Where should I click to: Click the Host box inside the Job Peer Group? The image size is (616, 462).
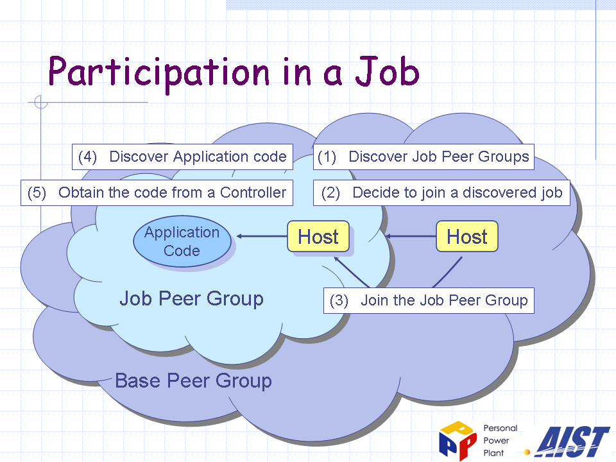[x=318, y=236]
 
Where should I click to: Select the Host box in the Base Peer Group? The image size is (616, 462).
[x=467, y=236]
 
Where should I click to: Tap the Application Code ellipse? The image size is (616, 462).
[x=182, y=241]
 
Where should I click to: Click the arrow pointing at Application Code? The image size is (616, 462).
[x=262, y=236]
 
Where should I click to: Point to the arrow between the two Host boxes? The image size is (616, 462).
[x=411, y=236]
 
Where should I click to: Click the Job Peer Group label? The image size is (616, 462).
[x=191, y=298]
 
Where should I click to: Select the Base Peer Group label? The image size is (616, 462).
[x=193, y=381]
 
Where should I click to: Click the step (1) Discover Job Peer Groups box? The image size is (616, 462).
[x=424, y=157]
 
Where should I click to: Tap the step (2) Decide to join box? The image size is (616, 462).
[x=441, y=193]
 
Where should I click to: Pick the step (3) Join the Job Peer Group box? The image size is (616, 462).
[x=429, y=300]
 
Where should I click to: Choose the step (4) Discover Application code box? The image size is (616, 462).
[x=182, y=157]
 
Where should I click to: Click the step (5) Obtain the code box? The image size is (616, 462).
[x=157, y=193]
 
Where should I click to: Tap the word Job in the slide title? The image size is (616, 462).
[x=387, y=71]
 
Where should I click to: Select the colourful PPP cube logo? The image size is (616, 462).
[x=458, y=440]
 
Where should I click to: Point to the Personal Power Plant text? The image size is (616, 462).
[x=500, y=440]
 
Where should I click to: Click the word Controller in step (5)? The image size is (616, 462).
[x=253, y=193]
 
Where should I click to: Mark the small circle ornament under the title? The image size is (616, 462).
[x=41, y=102]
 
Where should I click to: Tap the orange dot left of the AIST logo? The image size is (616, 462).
[x=527, y=452]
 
